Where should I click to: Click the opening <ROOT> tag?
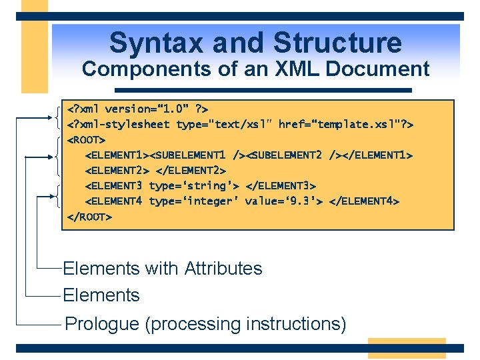(87, 140)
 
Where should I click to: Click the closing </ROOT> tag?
(89, 217)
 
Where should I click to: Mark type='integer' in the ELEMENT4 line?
(193, 201)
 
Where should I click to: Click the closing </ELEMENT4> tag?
(364, 201)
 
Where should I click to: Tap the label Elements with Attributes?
(162, 269)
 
